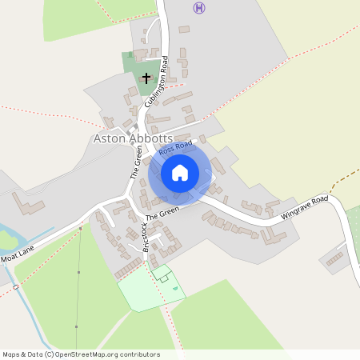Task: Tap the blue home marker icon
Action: point(180,173)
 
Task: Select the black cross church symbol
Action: point(146,78)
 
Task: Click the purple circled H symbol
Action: point(199,8)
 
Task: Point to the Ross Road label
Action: point(176,149)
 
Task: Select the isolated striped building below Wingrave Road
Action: point(334,258)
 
